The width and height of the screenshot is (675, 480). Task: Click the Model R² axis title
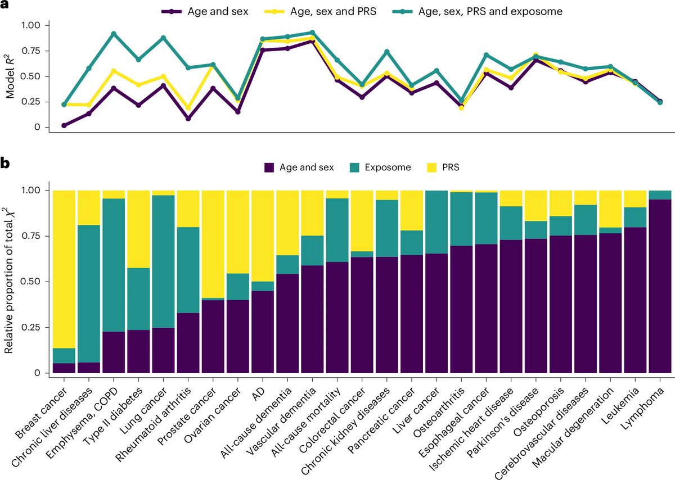(11, 76)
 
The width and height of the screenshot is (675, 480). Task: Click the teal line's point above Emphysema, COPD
(114, 34)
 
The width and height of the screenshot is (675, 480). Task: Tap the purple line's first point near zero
(64, 125)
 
